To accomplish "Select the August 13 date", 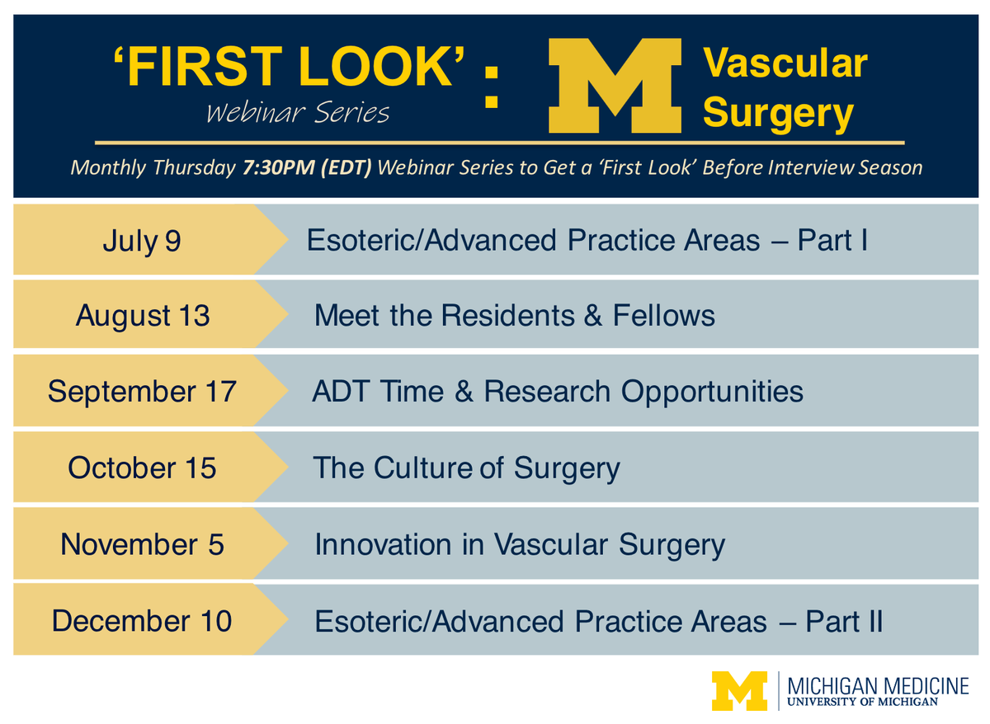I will [x=143, y=316].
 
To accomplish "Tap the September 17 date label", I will [x=142, y=391].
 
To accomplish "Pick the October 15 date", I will [x=142, y=468].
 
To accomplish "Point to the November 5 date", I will [x=142, y=544].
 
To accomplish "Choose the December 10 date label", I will [x=142, y=620].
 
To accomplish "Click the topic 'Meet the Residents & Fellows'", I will [x=515, y=316].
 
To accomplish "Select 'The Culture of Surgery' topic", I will [x=466, y=468].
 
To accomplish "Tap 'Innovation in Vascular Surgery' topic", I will [x=520, y=544].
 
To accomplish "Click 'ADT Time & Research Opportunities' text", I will [x=558, y=391].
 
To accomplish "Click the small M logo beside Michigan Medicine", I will [x=739, y=691].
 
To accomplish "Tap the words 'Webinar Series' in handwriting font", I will [x=298, y=112].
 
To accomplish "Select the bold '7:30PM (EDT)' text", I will [x=307, y=167].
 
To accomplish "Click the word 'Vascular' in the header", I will [x=785, y=63].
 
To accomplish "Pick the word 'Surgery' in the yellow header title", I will [x=778, y=113].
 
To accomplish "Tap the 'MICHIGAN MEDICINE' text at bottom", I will [x=878, y=685].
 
